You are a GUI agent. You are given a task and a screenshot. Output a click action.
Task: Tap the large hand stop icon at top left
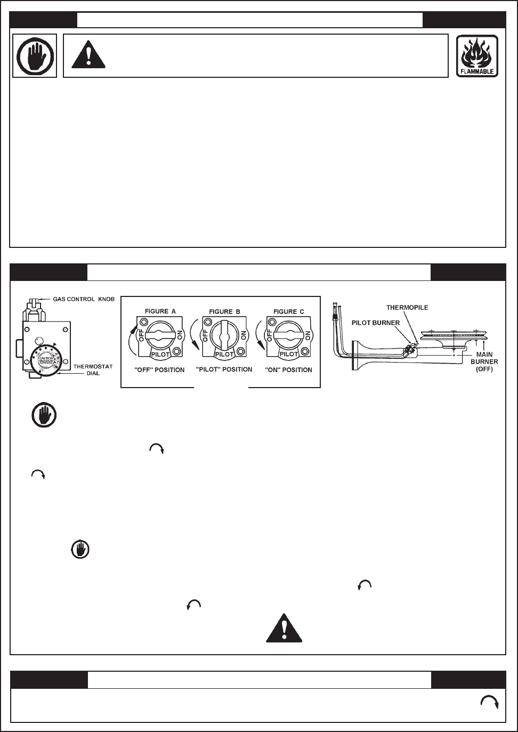point(35,55)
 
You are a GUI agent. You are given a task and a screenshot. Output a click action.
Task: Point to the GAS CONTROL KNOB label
point(82,299)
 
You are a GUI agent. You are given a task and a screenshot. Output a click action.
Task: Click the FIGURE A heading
point(160,311)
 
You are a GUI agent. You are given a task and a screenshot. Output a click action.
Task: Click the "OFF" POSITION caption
point(160,370)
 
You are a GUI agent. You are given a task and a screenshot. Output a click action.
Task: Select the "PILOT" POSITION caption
point(224,369)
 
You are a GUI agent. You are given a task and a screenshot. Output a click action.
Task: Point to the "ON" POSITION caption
point(287,370)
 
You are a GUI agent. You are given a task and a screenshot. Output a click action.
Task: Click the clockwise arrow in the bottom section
point(489,703)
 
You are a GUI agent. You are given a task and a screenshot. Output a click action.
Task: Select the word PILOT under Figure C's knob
point(288,353)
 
